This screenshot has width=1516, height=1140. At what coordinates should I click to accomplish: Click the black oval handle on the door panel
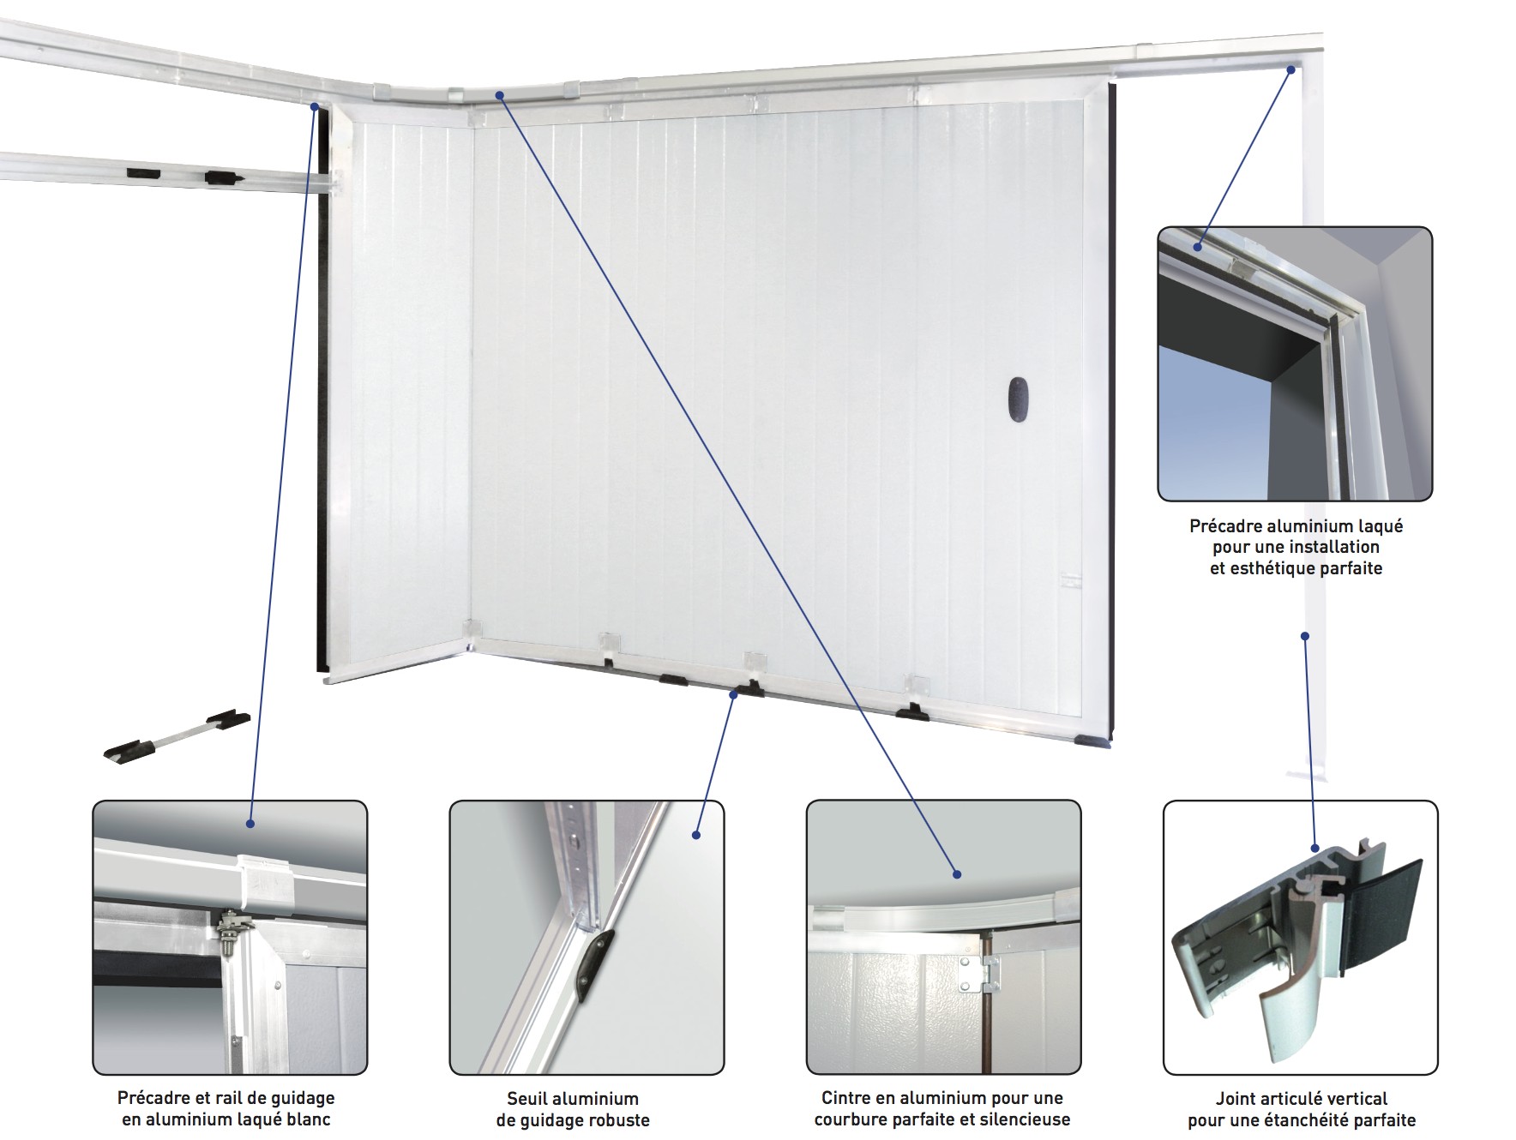1018,399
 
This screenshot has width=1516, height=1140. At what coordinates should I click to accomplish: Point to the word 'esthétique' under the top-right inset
1269,567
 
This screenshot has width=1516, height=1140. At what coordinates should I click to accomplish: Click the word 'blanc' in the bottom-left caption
306,1119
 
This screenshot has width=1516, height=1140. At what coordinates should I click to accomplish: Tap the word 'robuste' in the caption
620,1119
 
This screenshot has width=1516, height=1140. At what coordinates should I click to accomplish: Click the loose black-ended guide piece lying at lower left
177,735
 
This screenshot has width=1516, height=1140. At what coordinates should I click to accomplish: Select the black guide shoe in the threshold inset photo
595,964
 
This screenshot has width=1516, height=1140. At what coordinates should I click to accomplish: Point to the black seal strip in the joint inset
1383,919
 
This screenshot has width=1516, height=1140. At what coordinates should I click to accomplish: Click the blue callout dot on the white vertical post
1304,636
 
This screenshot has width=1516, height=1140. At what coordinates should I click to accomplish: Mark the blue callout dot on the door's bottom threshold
733,694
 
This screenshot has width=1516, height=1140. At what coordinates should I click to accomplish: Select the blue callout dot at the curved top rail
499,95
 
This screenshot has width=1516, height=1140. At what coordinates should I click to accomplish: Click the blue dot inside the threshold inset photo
696,834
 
